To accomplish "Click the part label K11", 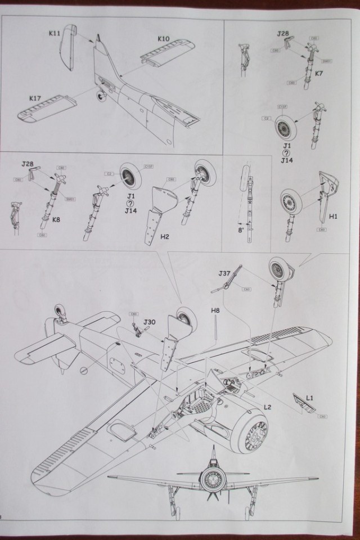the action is [x=54, y=34].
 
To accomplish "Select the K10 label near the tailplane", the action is [x=163, y=39].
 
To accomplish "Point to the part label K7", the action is [x=318, y=73].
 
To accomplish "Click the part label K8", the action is [x=56, y=219].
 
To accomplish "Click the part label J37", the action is [x=225, y=274].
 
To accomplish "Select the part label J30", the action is [x=149, y=322].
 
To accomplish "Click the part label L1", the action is [x=309, y=398].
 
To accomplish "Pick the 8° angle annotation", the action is [x=241, y=229].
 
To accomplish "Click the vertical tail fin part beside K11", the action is [x=68, y=48].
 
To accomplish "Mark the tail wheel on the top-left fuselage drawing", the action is [x=102, y=96].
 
